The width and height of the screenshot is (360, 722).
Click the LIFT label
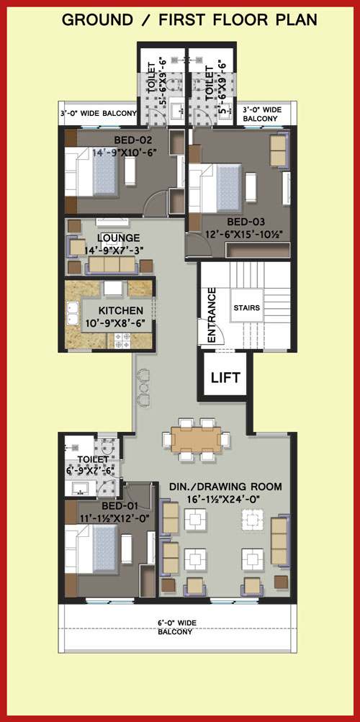pos(225,378)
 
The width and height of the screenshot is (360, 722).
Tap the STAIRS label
pos(247,307)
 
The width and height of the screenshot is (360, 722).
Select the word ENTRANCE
pos(212,315)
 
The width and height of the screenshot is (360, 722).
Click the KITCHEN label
pos(121,311)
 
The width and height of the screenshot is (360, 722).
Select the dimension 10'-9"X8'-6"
pos(118,324)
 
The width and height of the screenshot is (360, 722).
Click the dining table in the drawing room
pos(196,440)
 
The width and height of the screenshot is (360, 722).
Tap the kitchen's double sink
pos(72,313)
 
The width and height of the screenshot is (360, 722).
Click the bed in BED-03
pos(215,187)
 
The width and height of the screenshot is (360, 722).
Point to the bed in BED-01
pos(91,549)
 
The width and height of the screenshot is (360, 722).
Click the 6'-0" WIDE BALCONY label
pos(177,628)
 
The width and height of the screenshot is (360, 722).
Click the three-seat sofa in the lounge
pos(112,265)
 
